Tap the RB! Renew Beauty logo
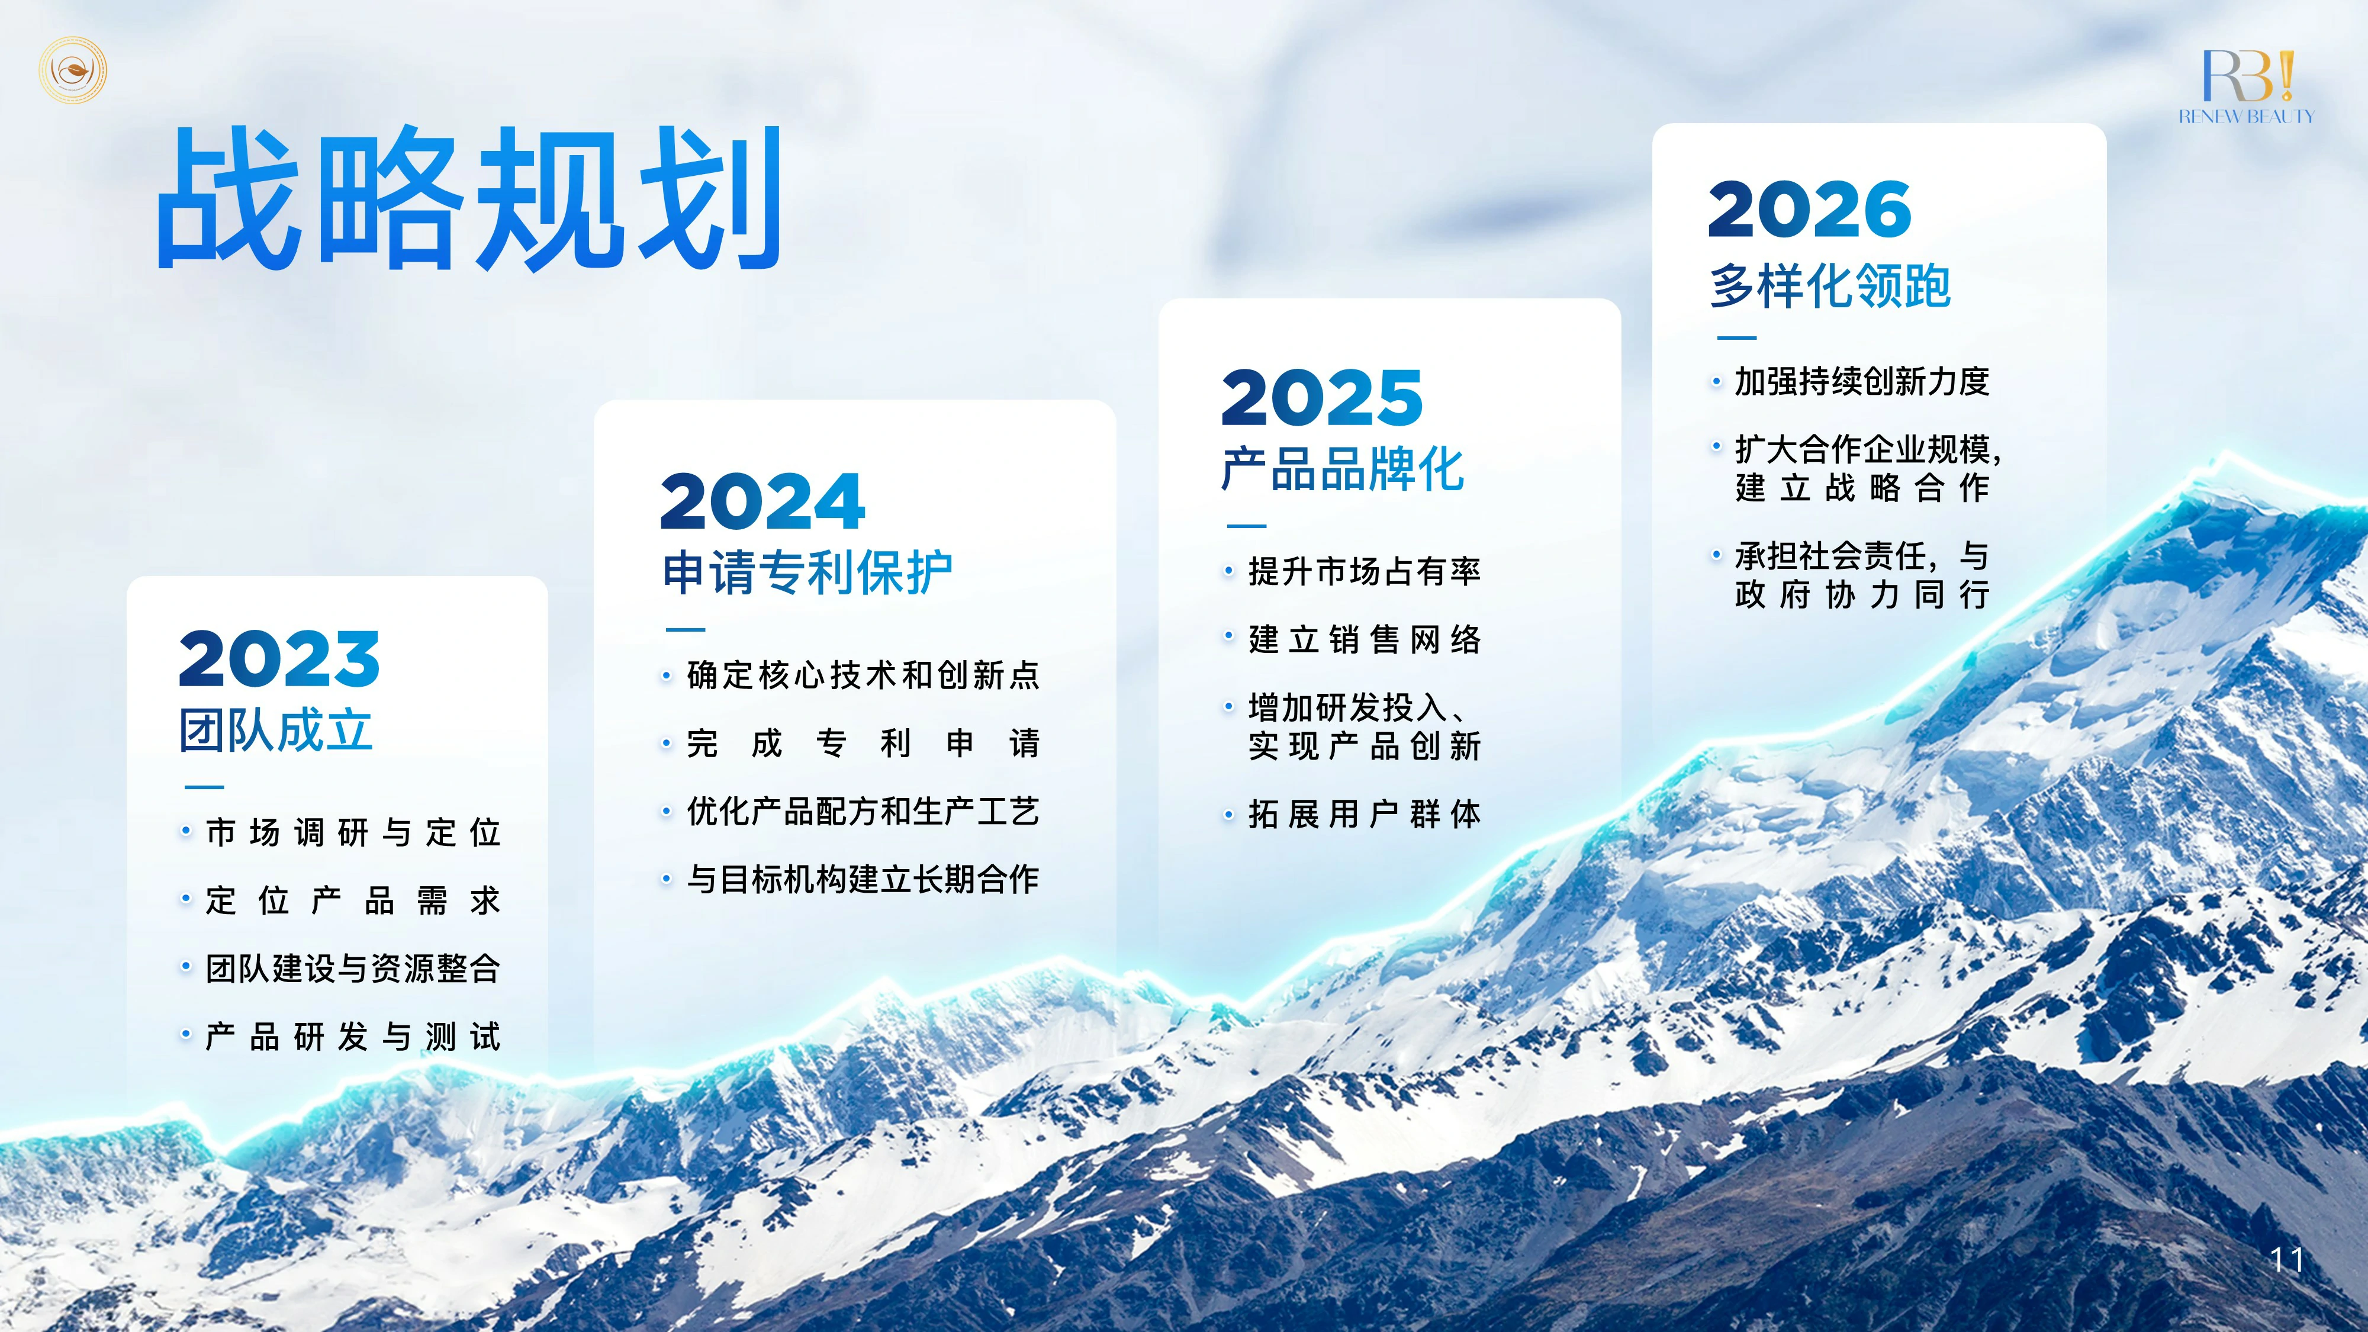(2245, 88)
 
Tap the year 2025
(1322, 397)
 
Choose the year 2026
(1810, 210)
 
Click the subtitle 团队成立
(276, 730)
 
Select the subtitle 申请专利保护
(807, 572)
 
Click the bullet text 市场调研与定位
(353, 832)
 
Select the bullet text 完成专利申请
(863, 743)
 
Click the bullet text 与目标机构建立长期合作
(863, 879)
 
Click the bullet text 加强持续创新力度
(1862, 381)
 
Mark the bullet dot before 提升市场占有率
(1228, 572)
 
